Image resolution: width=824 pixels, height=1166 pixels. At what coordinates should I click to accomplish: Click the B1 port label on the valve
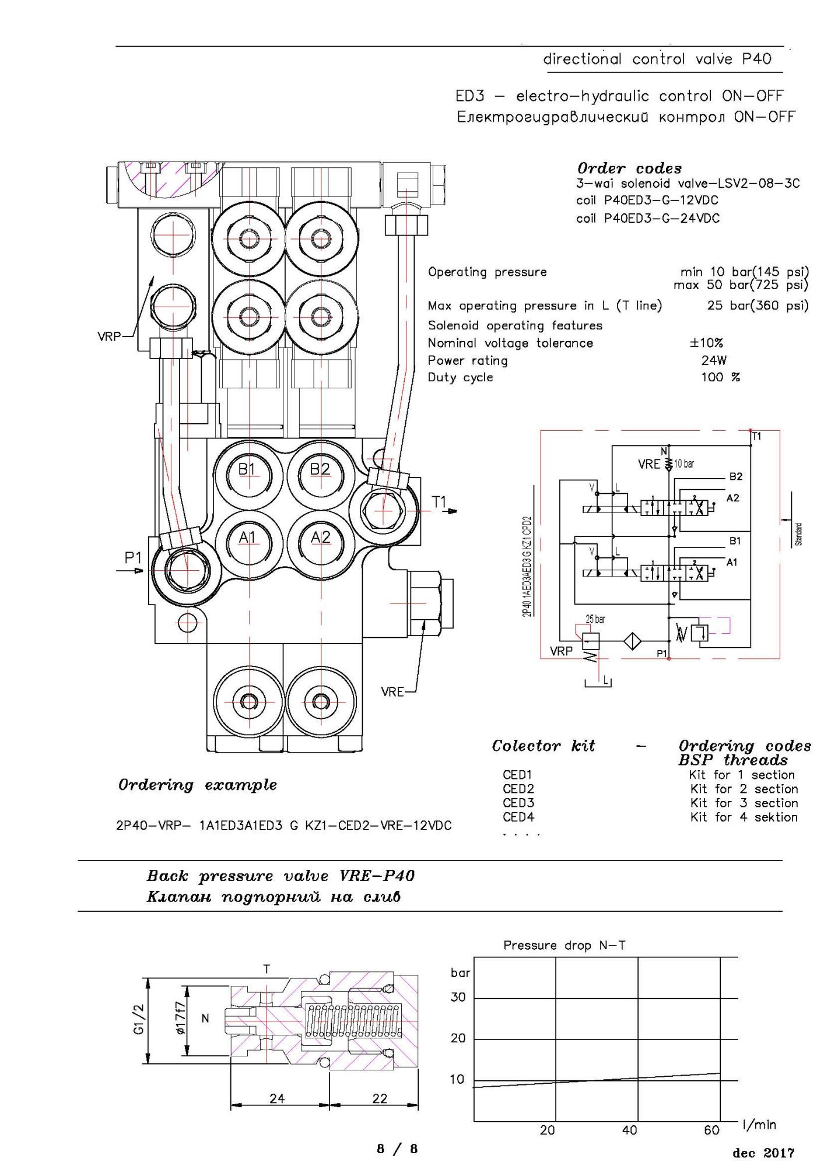(247, 469)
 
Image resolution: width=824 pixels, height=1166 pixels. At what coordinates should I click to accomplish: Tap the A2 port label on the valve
(320, 538)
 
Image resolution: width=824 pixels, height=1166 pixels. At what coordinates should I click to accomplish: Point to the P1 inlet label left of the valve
(133, 558)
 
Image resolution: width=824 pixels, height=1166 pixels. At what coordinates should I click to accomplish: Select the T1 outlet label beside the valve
(439, 501)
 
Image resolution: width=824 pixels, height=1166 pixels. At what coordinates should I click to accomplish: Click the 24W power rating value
(714, 360)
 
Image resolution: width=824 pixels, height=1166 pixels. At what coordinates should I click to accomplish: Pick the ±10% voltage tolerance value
(706, 343)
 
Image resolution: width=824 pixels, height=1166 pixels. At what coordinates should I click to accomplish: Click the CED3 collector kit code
(518, 803)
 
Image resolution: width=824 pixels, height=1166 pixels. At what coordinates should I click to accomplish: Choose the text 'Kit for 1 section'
(742, 775)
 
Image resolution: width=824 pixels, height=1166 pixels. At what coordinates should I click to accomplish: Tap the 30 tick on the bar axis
(458, 997)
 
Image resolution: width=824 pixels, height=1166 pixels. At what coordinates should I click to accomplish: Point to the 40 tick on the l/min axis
(629, 1130)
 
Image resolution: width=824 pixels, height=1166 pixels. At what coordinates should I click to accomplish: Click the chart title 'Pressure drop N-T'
(564, 945)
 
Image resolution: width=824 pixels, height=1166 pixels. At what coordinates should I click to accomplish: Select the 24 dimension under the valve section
(277, 1098)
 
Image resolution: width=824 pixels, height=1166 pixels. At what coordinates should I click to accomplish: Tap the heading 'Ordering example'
(198, 785)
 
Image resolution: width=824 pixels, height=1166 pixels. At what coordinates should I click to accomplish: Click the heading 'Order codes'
(630, 168)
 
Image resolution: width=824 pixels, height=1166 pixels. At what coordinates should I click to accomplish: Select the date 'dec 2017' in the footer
(763, 1153)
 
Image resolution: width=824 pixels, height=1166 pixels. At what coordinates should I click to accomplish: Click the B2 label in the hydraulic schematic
(736, 476)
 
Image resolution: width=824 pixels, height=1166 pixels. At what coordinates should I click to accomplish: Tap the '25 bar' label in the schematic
(595, 619)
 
